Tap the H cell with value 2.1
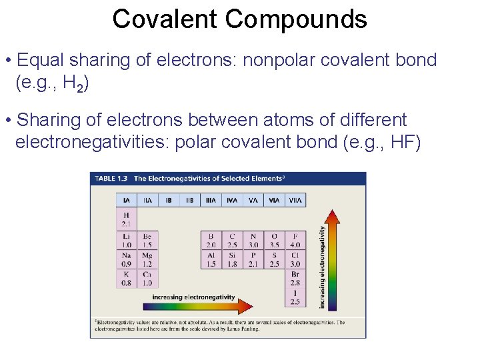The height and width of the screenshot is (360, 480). tap(127, 219)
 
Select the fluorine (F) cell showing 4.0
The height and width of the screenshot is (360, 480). tap(295, 240)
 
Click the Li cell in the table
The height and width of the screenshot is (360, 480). tap(127, 240)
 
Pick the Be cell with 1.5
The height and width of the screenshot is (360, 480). tap(147, 240)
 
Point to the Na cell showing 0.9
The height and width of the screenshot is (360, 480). tap(127, 259)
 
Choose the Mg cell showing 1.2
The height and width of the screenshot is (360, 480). tap(147, 259)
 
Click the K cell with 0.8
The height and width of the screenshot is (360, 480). tap(127, 278)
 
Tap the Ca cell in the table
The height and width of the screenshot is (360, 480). tap(147, 278)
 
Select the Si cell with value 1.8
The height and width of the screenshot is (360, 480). tap(232, 259)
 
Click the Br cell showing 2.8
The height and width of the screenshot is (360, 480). tap(295, 278)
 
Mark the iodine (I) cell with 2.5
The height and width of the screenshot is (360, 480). tap(295, 297)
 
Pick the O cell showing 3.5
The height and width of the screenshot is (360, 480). tap(275, 240)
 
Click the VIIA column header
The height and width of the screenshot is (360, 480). tap(295, 199)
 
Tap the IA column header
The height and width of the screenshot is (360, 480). tap(127, 199)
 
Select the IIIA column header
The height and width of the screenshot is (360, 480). tap(211, 199)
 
